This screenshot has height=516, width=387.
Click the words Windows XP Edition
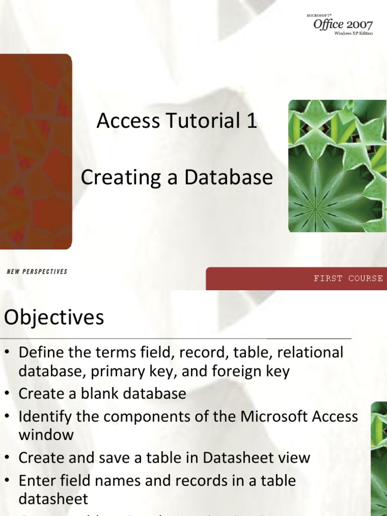click(x=353, y=34)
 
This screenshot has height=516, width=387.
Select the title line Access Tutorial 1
click(x=177, y=121)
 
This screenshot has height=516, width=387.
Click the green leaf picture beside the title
click(x=337, y=166)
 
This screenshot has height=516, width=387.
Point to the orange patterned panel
click(x=35, y=151)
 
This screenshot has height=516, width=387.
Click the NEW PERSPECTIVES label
click(x=37, y=272)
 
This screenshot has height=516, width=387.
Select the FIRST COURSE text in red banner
click(x=348, y=278)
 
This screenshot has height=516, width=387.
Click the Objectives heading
click(x=54, y=317)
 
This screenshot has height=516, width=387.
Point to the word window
click(x=46, y=435)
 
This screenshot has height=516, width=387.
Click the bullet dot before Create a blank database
click(x=8, y=394)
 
